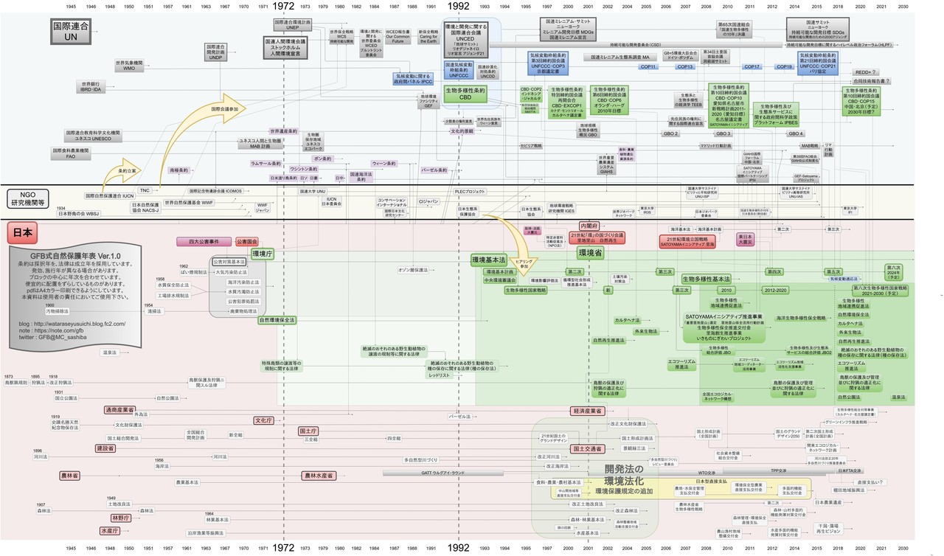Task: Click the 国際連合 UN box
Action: (x=65, y=30)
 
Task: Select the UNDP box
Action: (x=215, y=55)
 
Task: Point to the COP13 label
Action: (x=685, y=67)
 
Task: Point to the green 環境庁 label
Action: (x=263, y=254)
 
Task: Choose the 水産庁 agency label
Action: (x=109, y=530)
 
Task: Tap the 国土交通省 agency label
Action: (x=589, y=448)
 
